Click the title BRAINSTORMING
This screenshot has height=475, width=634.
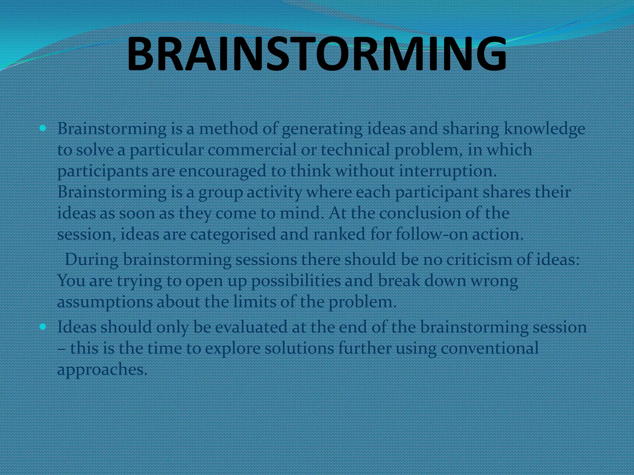316,53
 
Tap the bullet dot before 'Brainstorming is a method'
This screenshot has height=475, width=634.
43,128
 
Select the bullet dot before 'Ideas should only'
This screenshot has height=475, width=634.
43,327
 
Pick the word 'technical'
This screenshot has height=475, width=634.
355,150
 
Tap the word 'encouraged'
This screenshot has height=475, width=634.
222,171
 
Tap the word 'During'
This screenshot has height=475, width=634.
92,259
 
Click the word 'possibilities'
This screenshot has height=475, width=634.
295,281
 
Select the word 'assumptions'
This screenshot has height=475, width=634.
105,302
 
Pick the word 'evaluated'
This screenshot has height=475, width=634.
251,327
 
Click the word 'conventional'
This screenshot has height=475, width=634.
489,348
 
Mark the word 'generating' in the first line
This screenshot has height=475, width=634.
322,129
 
